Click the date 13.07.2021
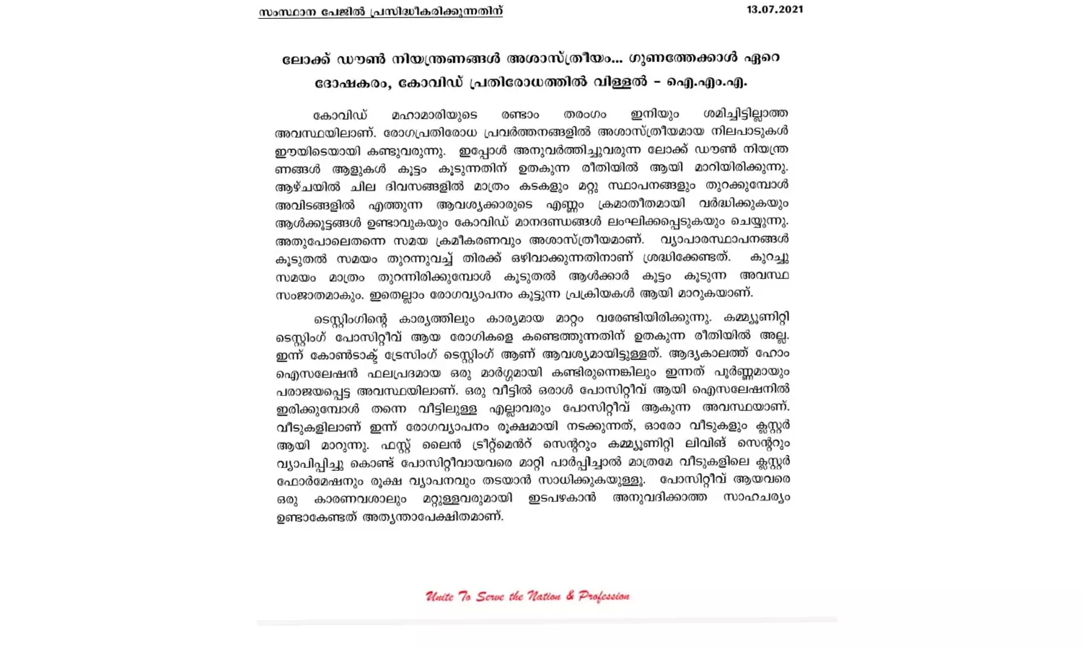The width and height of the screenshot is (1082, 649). coord(775,9)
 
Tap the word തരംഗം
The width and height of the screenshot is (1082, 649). coord(584,115)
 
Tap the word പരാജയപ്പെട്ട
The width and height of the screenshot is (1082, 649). coord(315,390)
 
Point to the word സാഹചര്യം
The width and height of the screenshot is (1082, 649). coord(756,498)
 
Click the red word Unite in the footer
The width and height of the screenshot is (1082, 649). coord(439,596)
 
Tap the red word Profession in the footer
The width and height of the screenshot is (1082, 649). coord(604,596)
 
